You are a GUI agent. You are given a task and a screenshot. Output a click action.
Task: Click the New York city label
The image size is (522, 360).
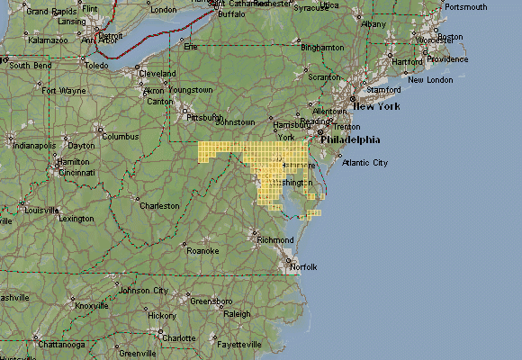(375, 106)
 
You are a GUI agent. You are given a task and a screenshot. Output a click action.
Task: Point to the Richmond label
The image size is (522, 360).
(275, 240)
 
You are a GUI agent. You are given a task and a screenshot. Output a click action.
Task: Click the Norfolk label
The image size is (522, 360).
(304, 267)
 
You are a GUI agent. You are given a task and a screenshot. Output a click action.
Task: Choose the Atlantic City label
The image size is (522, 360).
(364, 163)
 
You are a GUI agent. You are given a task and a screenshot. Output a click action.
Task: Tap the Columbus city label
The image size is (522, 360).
(120, 137)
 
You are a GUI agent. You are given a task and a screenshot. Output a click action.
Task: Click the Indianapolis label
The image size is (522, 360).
(34, 145)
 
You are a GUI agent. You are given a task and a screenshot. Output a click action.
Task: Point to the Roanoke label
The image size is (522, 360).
(202, 250)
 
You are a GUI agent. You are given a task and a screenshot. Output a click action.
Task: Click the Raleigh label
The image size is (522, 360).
(237, 314)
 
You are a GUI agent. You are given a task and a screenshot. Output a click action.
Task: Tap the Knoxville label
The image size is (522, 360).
(91, 305)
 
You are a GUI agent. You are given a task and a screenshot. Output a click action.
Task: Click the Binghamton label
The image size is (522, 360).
(323, 47)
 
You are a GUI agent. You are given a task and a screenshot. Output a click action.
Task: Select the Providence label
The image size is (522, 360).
(447, 59)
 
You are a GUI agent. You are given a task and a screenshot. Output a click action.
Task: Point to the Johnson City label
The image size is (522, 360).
(144, 291)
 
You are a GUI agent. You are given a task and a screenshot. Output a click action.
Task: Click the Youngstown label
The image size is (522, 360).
(190, 90)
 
